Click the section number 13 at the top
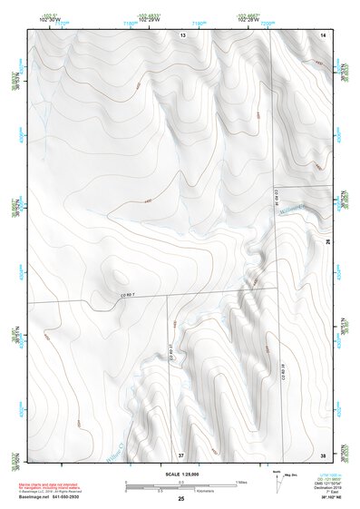click(x=182, y=34)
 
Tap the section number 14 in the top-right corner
click(x=323, y=34)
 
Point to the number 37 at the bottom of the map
click(x=180, y=454)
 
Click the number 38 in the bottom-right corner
click(x=323, y=454)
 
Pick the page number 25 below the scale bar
click(x=180, y=498)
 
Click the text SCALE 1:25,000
click(x=180, y=475)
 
